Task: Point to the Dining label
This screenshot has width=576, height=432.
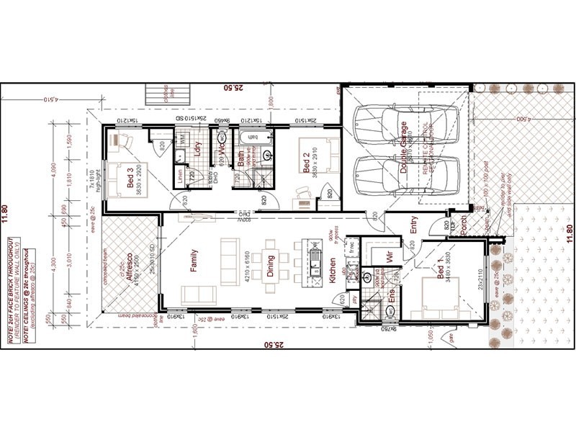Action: tap(271, 266)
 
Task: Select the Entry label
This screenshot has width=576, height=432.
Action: tap(414, 227)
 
